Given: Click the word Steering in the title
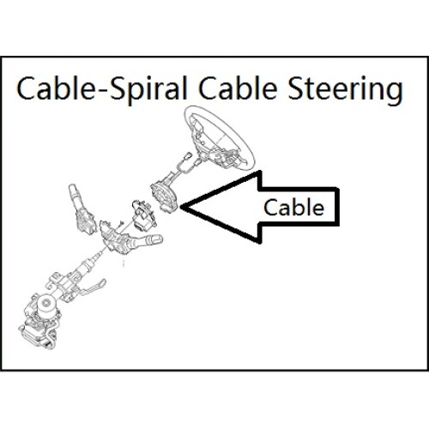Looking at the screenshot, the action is pos(346,88).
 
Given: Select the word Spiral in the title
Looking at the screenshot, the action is pos(148,88).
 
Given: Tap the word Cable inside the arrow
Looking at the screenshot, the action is pos(293,208).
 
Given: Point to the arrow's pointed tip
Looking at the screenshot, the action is pos(181,207).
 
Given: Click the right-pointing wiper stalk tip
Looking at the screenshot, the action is pos(157,239).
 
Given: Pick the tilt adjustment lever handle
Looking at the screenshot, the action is pos(94,287).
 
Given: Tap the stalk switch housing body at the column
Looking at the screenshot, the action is pos(115,239).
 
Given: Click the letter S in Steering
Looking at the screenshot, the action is pos(295,88).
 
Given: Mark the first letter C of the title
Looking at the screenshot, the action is pos(27,88).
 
